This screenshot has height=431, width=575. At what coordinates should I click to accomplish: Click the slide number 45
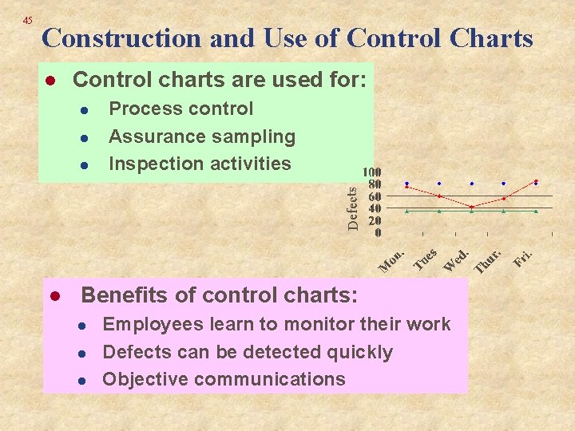[28, 20]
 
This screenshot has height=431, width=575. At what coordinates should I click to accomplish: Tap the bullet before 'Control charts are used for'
[49, 81]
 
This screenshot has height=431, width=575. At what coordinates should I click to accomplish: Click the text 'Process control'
[180, 109]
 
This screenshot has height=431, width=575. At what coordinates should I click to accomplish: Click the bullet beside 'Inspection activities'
[85, 165]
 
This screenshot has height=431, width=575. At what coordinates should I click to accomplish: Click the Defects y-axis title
[353, 204]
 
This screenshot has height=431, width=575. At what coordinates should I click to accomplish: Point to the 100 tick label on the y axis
[371, 172]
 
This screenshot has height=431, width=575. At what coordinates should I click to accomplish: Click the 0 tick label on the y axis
[378, 232]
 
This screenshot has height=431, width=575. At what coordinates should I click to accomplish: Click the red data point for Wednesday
[471, 207]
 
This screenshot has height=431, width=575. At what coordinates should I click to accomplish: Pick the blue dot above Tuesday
[438, 184]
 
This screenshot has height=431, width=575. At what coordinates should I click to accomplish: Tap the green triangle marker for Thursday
[503, 212]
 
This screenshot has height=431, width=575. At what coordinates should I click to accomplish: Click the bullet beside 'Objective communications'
[81, 381]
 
